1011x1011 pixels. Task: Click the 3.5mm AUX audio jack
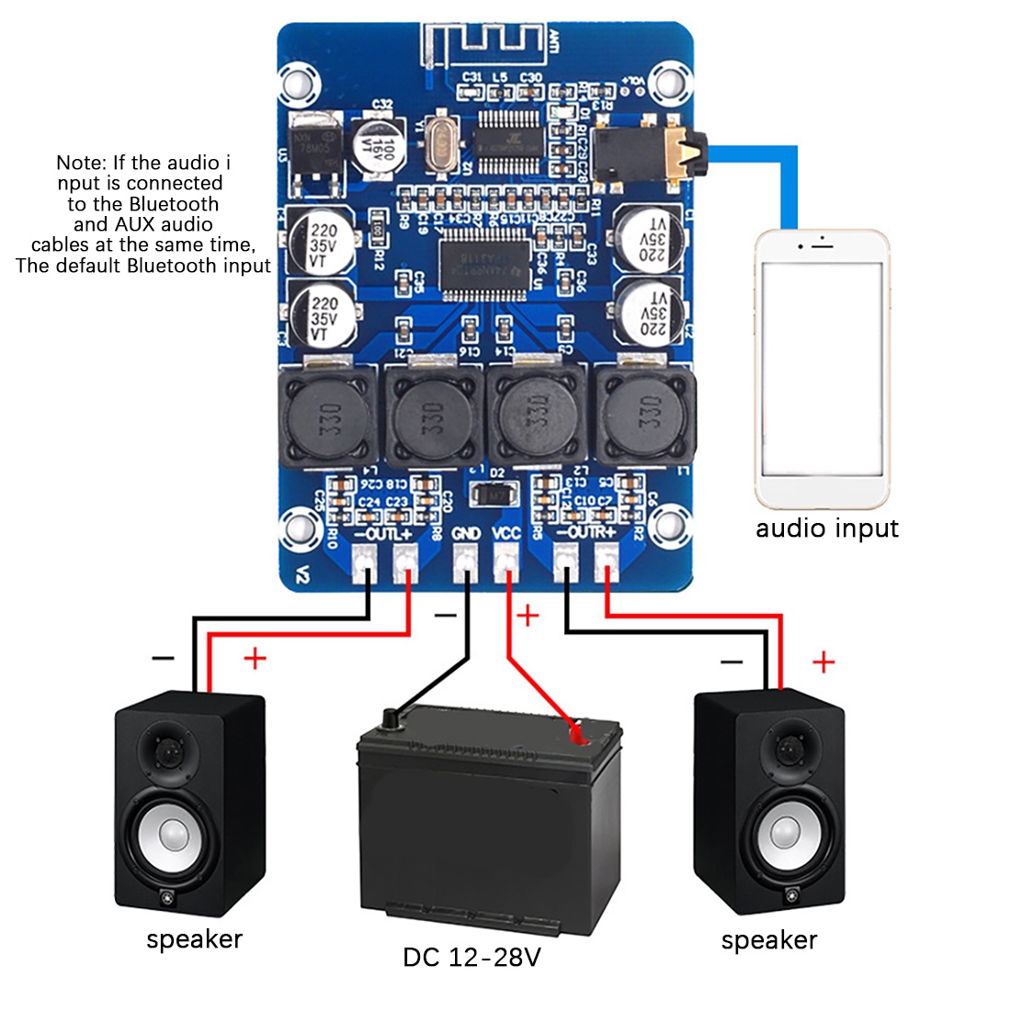click(x=649, y=147)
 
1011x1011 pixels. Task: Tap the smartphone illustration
click(x=822, y=368)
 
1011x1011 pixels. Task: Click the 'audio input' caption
click(x=826, y=528)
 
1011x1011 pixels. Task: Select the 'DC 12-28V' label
click(x=471, y=957)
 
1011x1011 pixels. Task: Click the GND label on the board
click(x=466, y=533)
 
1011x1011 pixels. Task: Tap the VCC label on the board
click(x=506, y=533)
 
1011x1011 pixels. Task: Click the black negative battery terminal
click(x=391, y=718)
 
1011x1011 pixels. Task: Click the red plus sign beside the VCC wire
click(x=528, y=614)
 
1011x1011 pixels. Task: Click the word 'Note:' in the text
click(x=82, y=163)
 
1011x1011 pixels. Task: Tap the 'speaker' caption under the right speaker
click(x=768, y=939)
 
